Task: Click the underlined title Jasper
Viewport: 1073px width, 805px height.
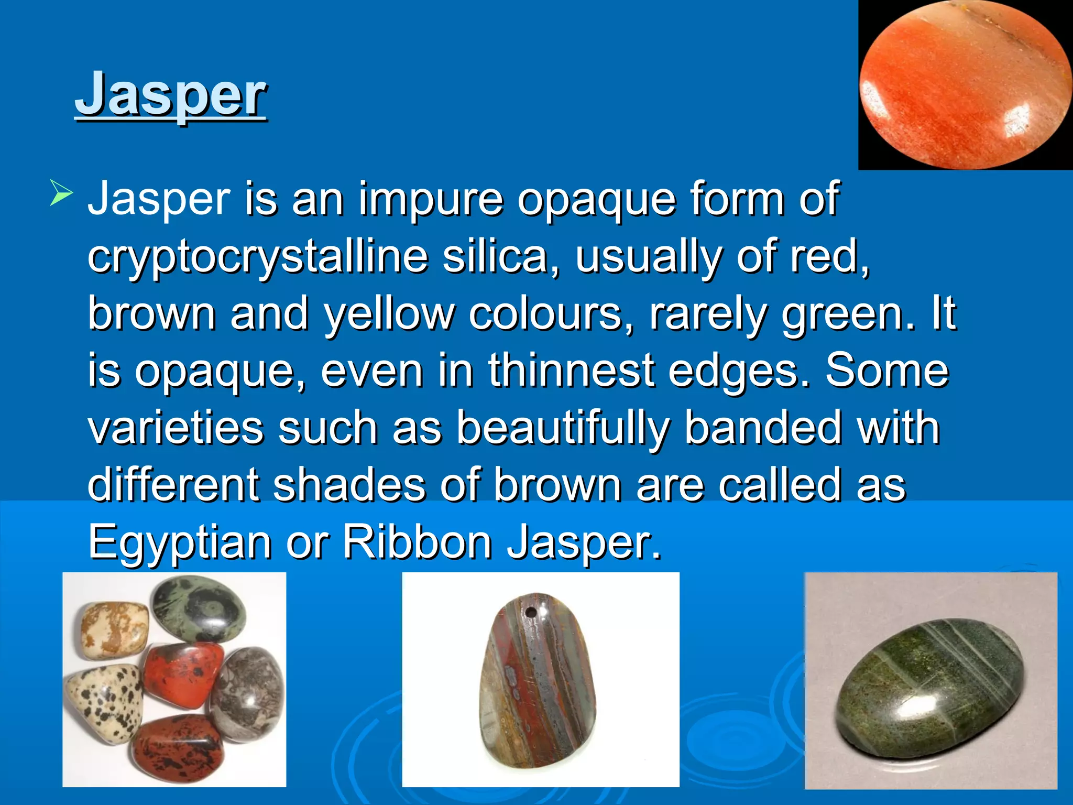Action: click(x=171, y=95)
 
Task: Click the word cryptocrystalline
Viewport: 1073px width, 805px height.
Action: click(x=258, y=257)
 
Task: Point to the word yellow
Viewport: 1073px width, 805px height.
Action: click(x=388, y=314)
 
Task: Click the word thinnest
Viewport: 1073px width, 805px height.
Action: click(x=571, y=371)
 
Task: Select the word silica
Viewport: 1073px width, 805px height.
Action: click(x=495, y=257)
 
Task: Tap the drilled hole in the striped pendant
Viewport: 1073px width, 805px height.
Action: click(x=530, y=612)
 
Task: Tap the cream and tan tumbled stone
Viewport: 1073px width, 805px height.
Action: click(x=113, y=629)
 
